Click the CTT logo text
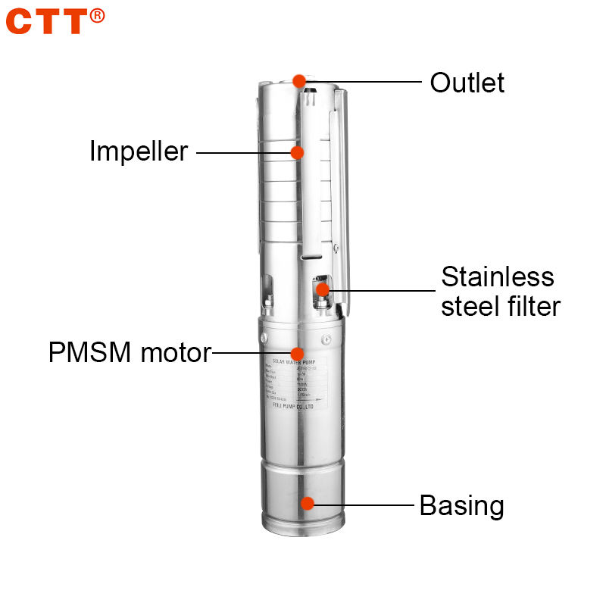(x=47, y=21)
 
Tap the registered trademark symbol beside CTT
(x=98, y=14)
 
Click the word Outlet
(x=467, y=83)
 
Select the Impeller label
(x=138, y=151)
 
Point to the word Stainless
(x=498, y=276)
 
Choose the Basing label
(x=461, y=505)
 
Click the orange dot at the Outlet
(x=299, y=80)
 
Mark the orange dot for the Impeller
(x=297, y=152)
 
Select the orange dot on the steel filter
(x=323, y=289)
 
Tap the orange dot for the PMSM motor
(x=298, y=353)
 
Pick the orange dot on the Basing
(x=307, y=503)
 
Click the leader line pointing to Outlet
(x=364, y=81)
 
